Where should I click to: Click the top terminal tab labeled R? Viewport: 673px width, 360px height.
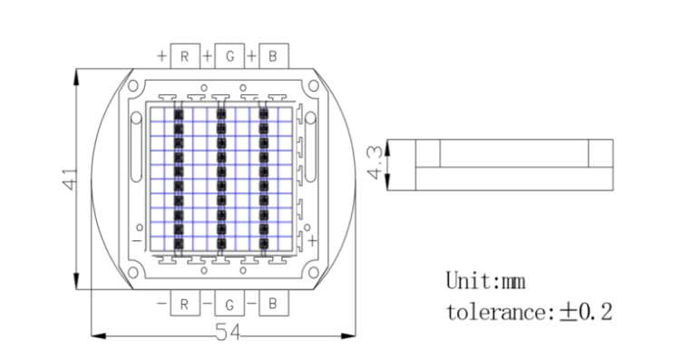point(185,56)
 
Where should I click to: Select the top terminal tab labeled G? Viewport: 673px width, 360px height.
point(229,56)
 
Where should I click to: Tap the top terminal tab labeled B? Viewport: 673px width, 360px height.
point(273,56)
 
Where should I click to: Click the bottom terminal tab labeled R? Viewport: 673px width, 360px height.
point(185,303)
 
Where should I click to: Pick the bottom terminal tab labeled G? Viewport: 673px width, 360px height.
point(229,303)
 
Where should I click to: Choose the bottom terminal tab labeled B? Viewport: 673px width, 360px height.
point(273,303)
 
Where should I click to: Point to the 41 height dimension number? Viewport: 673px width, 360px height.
point(70,180)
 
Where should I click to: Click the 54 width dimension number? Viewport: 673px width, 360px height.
point(228,332)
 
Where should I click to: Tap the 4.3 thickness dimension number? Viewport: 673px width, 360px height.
point(375,162)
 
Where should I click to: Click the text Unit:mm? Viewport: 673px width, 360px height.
point(485,281)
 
